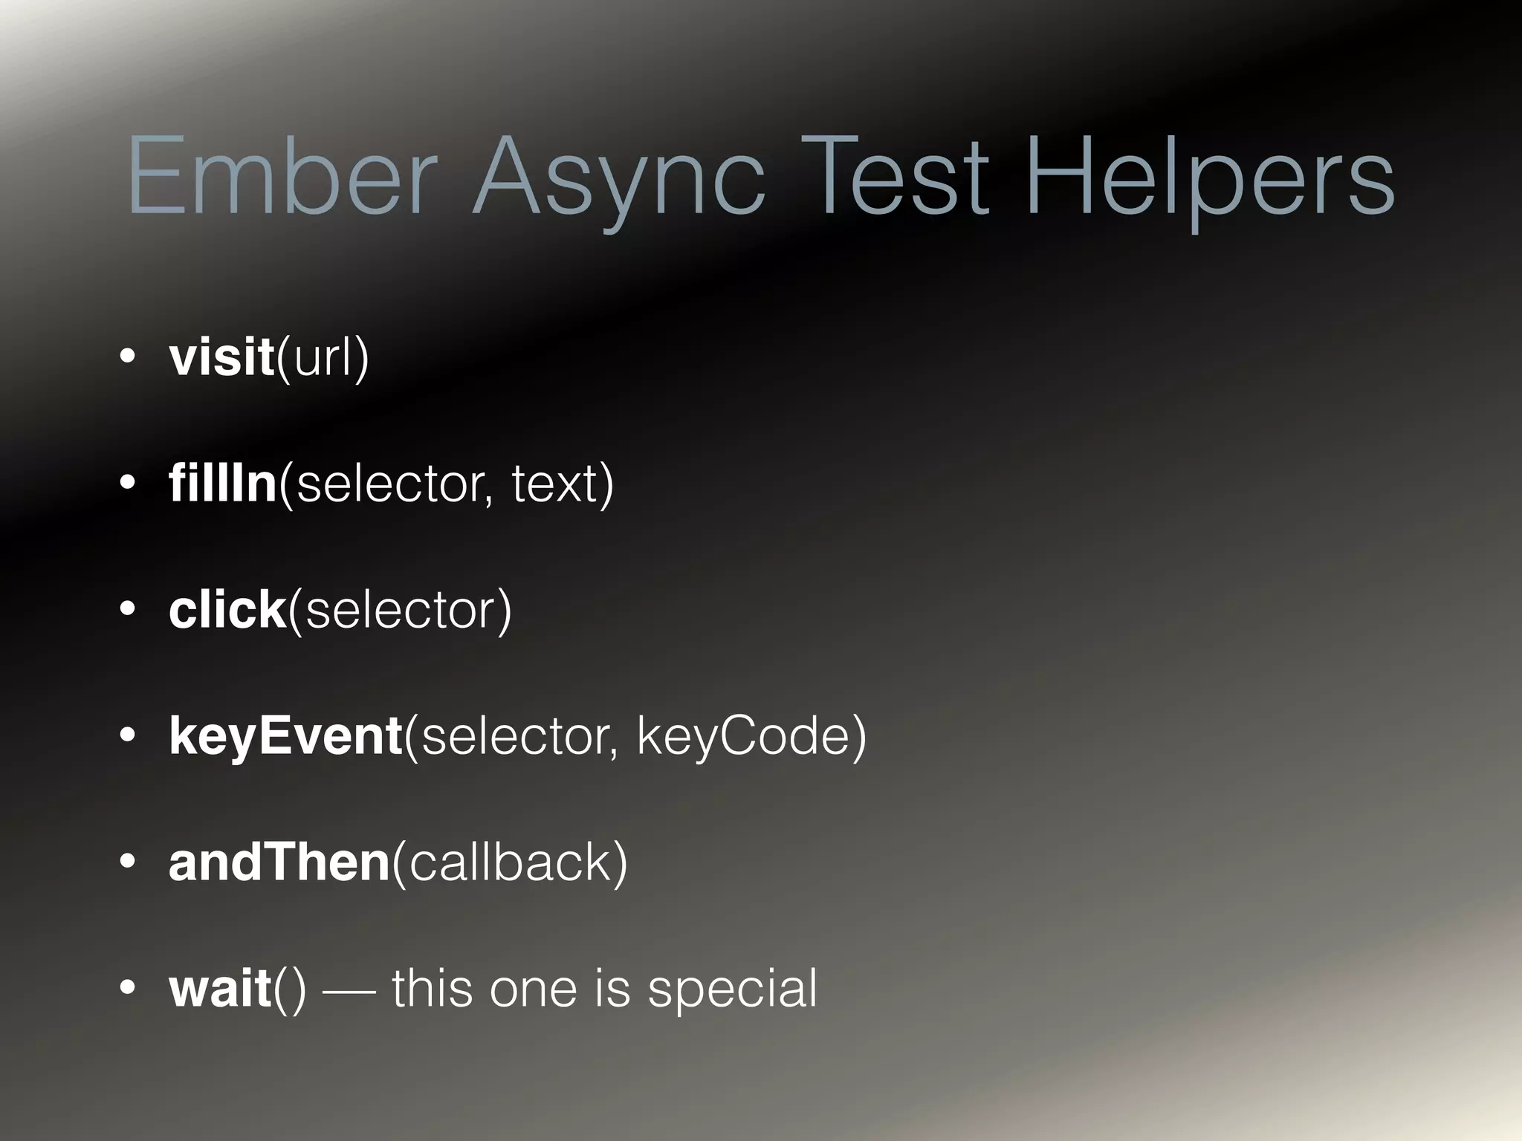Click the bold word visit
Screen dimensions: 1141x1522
click(221, 357)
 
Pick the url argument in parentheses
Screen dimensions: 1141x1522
click(322, 357)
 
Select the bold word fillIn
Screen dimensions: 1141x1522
click(223, 483)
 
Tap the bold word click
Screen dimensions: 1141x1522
click(227, 609)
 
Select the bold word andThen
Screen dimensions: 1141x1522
click(279, 862)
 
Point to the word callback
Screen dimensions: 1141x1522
click(508, 862)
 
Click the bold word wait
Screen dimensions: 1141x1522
click(220, 988)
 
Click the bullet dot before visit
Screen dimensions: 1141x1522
click(128, 357)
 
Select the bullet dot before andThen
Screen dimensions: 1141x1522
click(128, 862)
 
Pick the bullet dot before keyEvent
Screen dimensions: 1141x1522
click(128, 735)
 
